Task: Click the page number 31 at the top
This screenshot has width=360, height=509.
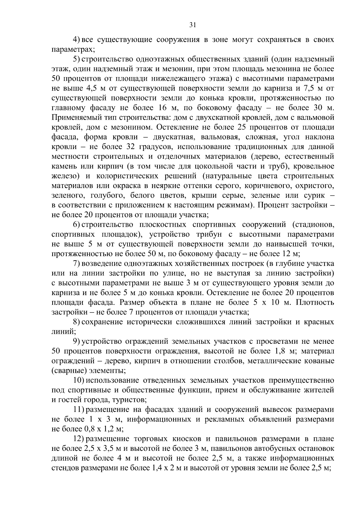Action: click(x=193, y=25)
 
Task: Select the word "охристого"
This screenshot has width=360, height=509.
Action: click(x=314, y=186)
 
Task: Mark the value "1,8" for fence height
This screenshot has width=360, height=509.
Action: click(x=280, y=351)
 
